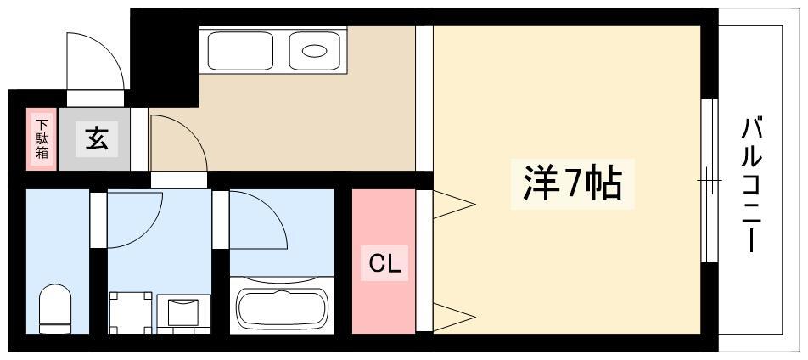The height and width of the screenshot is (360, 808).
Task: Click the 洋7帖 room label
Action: [572, 184]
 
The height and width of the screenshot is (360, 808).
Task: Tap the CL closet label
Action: [384, 264]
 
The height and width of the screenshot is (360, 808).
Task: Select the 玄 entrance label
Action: [97, 139]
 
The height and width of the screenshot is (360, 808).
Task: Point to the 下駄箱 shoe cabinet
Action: [42, 138]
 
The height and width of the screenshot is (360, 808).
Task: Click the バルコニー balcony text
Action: [751, 185]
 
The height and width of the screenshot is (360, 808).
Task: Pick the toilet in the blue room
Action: [55, 308]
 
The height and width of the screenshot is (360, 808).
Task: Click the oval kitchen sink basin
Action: [314, 51]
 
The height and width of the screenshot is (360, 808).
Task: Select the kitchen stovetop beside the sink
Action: [240, 51]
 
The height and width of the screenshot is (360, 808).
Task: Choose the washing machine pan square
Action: [131, 312]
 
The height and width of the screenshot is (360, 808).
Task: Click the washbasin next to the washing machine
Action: [183, 313]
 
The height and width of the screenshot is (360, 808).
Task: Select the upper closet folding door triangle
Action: [453, 205]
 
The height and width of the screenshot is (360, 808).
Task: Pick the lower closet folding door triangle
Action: [453, 317]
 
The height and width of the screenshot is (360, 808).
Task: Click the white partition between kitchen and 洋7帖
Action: [424, 98]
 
